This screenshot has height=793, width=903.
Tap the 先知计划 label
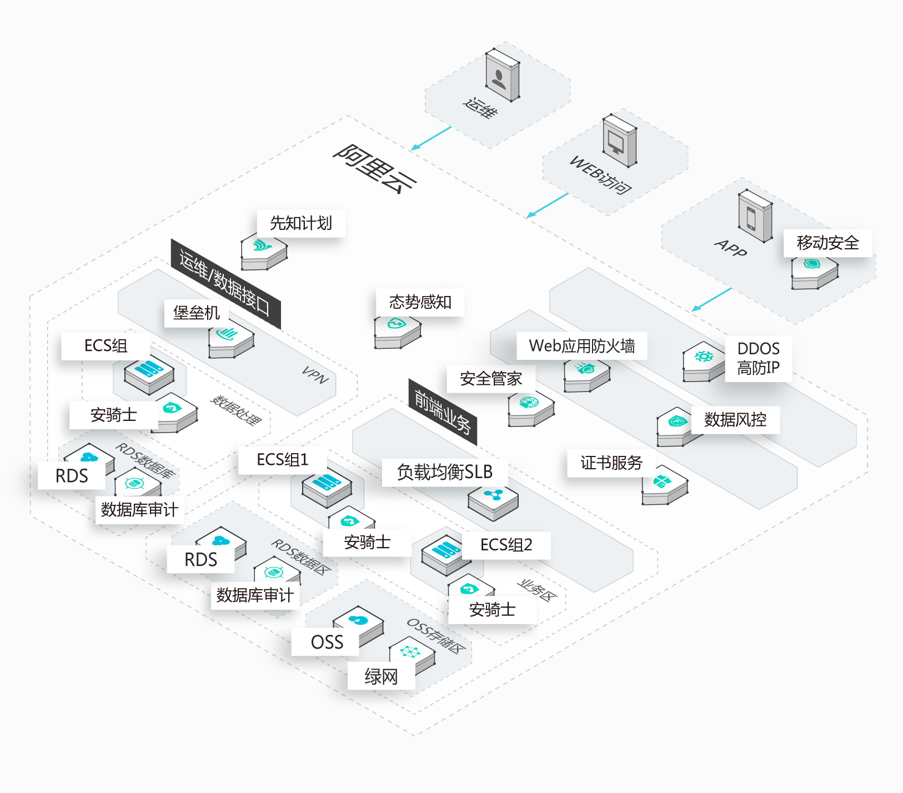[302, 223]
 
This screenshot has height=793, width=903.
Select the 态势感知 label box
[420, 302]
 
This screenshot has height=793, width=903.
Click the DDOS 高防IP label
[759, 358]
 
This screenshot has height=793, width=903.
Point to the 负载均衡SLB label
[445, 472]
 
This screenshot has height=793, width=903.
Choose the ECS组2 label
[506, 545]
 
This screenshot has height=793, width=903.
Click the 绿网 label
[382, 676]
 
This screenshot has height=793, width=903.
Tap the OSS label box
[327, 642]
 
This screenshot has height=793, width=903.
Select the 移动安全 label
[828, 243]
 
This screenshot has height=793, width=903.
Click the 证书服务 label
[611, 463]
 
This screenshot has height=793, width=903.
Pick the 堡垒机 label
[197, 313]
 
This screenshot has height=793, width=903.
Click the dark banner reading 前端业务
[443, 411]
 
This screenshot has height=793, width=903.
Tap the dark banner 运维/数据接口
[225, 284]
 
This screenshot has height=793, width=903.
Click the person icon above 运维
[499, 79]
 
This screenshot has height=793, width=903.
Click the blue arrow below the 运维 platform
[431, 138]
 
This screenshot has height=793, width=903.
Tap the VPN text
[315, 375]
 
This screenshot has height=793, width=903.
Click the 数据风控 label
[735, 420]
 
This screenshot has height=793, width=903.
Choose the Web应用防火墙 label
[582, 346]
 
